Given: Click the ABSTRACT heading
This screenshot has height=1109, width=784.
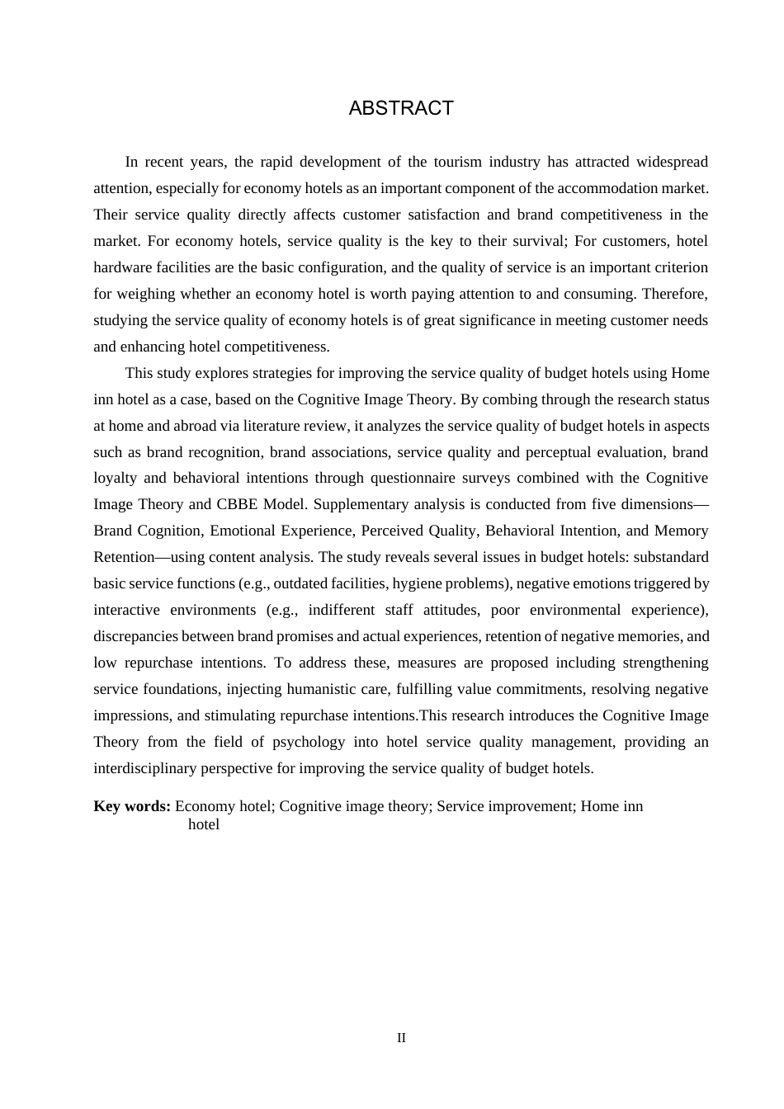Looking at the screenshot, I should (x=401, y=108).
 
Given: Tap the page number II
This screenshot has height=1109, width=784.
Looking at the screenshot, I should (x=401, y=1038).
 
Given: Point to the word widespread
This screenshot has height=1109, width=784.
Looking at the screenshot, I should (x=670, y=162).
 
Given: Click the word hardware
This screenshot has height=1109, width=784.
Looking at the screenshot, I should (x=120, y=267).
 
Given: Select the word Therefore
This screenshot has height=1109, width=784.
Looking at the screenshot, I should (x=675, y=294).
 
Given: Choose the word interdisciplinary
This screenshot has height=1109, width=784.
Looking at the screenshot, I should (x=144, y=768).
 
